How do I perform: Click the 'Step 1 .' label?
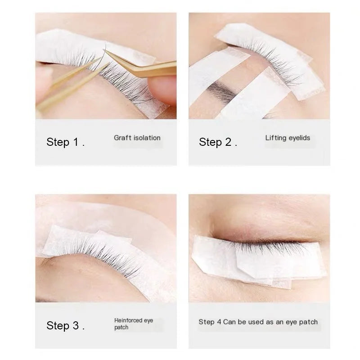click(x=65, y=143)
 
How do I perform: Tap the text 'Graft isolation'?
click(x=137, y=138)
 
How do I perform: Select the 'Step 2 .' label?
click(x=218, y=143)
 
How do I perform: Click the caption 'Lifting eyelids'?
click(x=288, y=138)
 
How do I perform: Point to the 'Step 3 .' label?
click(x=65, y=326)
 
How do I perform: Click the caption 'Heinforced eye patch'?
click(x=134, y=324)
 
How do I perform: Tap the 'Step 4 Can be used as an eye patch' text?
click(x=258, y=322)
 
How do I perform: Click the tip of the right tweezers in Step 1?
click(x=106, y=52)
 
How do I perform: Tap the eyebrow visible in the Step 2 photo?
click(x=225, y=92)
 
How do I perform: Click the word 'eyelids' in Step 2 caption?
click(x=299, y=138)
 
